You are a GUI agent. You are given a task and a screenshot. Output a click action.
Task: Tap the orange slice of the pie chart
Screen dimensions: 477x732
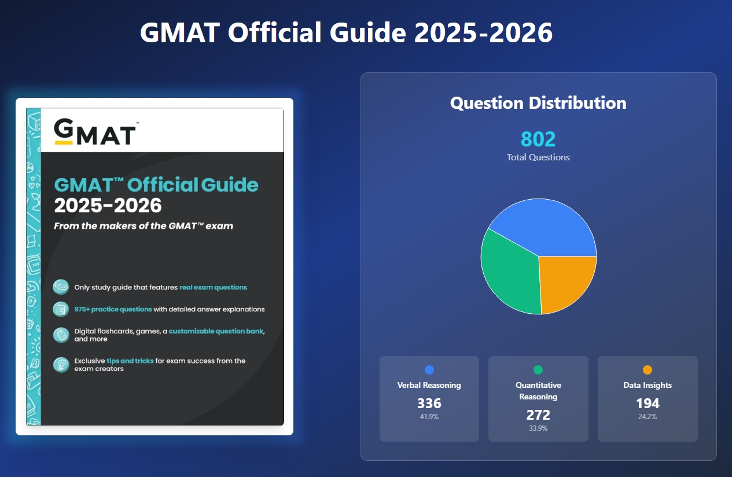pyautogui.click(x=566, y=282)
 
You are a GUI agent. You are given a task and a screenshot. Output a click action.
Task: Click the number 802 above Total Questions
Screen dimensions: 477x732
pyautogui.click(x=538, y=140)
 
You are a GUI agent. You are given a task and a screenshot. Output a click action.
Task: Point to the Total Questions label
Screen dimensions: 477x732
pyautogui.click(x=538, y=157)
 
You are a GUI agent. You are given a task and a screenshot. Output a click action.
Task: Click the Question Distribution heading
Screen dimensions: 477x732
pyautogui.click(x=538, y=103)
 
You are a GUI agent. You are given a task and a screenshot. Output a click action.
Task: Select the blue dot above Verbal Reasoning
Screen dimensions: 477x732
pyautogui.click(x=429, y=370)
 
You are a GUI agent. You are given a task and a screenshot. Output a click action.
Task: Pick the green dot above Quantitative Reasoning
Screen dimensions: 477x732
pyautogui.click(x=538, y=370)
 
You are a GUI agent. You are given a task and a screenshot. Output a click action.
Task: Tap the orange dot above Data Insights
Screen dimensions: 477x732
pyautogui.click(x=648, y=370)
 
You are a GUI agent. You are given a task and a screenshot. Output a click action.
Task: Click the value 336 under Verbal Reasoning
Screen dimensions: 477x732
pyautogui.click(x=429, y=403)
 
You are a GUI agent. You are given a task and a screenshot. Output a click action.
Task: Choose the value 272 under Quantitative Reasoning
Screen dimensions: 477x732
pyautogui.click(x=538, y=415)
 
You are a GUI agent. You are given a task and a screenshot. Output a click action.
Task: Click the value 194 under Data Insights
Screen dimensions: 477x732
pyautogui.click(x=648, y=403)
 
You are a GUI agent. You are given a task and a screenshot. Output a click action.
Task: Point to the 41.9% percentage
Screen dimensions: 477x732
pyautogui.click(x=429, y=417)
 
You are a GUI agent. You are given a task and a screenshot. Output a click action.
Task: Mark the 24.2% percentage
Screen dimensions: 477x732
pyautogui.click(x=648, y=417)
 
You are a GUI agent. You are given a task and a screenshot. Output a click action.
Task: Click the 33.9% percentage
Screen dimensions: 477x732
pyautogui.click(x=538, y=428)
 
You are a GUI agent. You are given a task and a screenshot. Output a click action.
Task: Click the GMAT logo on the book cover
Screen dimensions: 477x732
pyautogui.click(x=95, y=132)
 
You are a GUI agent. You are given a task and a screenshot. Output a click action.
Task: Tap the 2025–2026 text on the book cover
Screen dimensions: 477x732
pyautogui.click(x=108, y=206)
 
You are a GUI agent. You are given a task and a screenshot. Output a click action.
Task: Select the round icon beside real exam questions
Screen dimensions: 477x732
pyautogui.click(x=60, y=287)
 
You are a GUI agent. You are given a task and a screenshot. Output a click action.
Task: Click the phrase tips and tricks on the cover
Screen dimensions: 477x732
pyautogui.click(x=130, y=361)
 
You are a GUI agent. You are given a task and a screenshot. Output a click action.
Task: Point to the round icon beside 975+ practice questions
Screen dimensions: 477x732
pyautogui.click(x=60, y=309)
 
